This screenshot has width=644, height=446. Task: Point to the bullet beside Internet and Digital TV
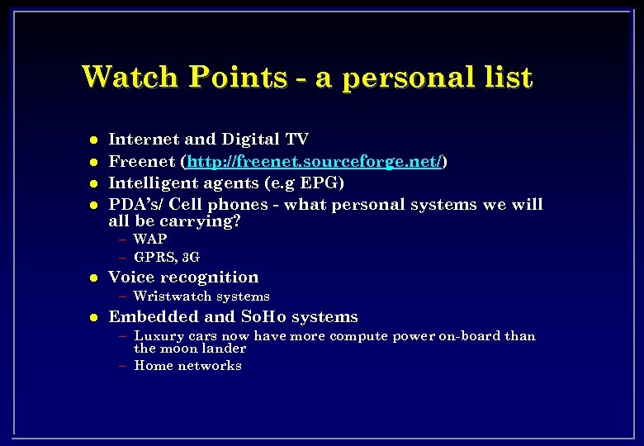(x=94, y=140)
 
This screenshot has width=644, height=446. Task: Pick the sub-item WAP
(x=150, y=239)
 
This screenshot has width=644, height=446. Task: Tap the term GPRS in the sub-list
(x=154, y=257)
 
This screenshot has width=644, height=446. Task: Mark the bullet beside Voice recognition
(x=94, y=278)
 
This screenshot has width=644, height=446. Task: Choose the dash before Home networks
(x=122, y=365)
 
